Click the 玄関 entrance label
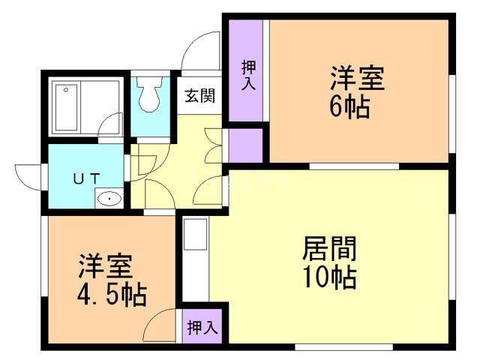(200, 95)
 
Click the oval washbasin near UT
(109, 199)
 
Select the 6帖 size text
(349, 107)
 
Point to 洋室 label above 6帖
(358, 78)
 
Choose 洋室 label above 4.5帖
(106, 266)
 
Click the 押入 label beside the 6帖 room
(248, 74)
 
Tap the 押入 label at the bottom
(202, 327)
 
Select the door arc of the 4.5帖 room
(160, 326)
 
